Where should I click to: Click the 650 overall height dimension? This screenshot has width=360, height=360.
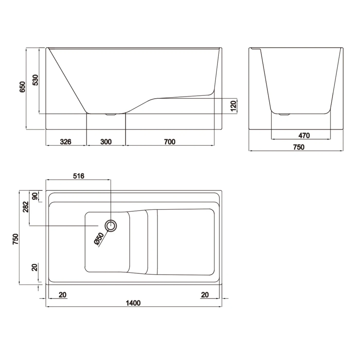(22, 87)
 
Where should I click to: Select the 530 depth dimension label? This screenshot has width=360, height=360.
(35, 80)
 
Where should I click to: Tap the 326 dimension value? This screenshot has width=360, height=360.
(66, 142)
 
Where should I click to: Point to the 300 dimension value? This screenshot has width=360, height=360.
(106, 142)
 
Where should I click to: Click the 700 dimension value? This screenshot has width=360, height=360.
(170, 142)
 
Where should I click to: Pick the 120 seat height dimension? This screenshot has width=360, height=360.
(233, 106)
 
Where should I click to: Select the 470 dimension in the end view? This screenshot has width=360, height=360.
(304, 136)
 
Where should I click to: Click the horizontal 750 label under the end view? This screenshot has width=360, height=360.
(299, 147)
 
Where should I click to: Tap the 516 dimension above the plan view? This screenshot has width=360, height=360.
(79, 176)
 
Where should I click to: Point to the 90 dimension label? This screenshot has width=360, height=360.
(35, 196)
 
